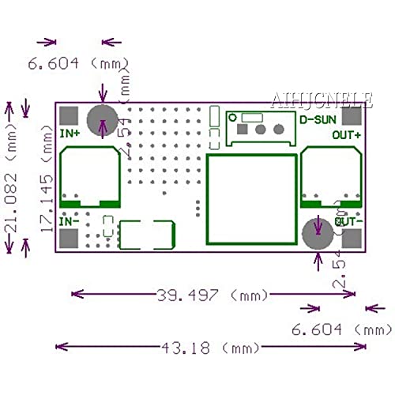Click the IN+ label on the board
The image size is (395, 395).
[70, 134]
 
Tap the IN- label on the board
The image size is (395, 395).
[70, 223]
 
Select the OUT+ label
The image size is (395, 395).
[347, 135]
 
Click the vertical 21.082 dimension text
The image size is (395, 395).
[12, 178]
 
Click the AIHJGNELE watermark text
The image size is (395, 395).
[322, 100]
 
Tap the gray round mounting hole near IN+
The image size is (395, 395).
[102, 121]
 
